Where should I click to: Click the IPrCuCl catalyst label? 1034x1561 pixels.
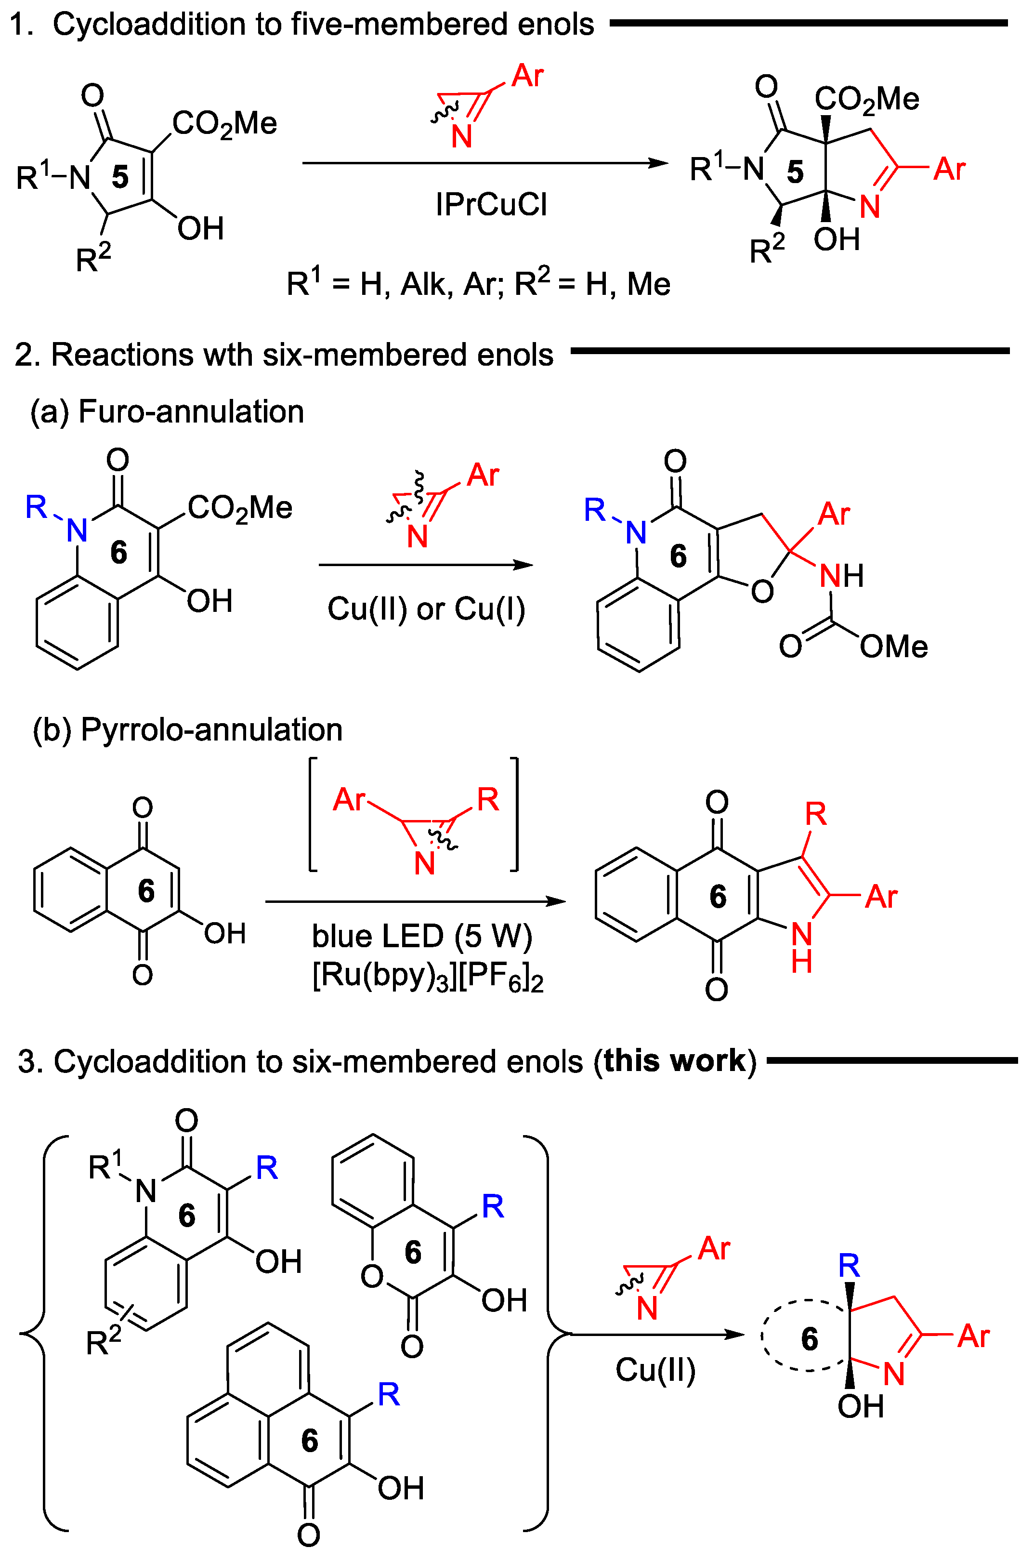tap(491, 205)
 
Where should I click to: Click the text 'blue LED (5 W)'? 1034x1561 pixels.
tap(422, 937)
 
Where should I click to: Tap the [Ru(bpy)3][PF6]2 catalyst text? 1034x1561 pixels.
tap(427, 977)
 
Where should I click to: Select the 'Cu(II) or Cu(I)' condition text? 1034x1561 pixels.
tap(426, 609)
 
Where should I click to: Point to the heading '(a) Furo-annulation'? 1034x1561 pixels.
tap(167, 412)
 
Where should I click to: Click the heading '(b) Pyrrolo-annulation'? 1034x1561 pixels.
tap(188, 730)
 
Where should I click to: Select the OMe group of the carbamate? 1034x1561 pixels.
tap(893, 647)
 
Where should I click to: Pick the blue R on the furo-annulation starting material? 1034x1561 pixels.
tap(36, 507)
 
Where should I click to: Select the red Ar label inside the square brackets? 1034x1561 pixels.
tap(348, 800)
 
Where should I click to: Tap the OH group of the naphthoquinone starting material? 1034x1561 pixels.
tap(224, 934)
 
